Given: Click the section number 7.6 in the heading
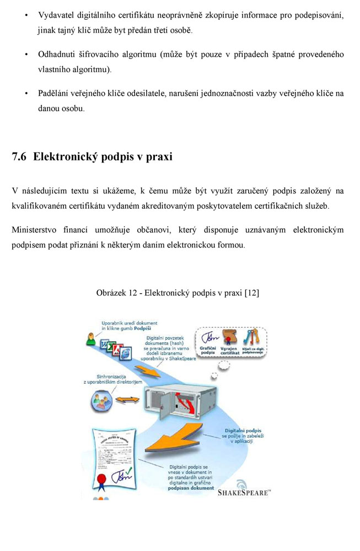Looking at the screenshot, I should pos(19,157).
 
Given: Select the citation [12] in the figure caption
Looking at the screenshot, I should pos(251,293).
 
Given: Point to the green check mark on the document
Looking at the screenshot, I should pos(128,472).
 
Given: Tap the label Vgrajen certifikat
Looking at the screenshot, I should pos(229,350).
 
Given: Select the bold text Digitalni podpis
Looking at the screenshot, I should pos(243,430).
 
